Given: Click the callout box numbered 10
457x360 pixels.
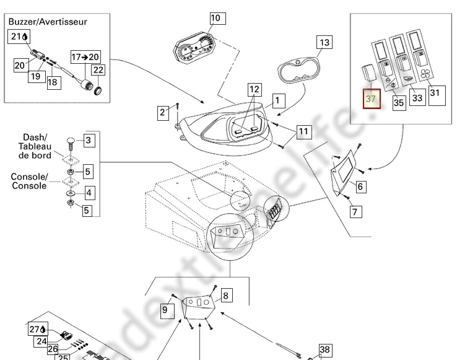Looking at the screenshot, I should point(215,18).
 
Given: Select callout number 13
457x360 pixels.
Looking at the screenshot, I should point(324,43).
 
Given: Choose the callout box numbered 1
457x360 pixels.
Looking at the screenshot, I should point(278,100).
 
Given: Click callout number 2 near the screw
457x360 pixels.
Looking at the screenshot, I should point(162,112).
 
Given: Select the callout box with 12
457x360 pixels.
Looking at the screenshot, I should point(255,90).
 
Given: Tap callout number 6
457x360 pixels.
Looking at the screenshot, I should point(360,185).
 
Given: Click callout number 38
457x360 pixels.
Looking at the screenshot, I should point(324,350).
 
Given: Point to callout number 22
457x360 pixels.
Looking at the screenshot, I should point(98,71).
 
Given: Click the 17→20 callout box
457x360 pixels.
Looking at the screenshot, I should point(85,56).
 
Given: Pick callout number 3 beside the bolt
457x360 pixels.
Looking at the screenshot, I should point(89,141).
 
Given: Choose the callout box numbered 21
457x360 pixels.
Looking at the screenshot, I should point(20,37).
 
